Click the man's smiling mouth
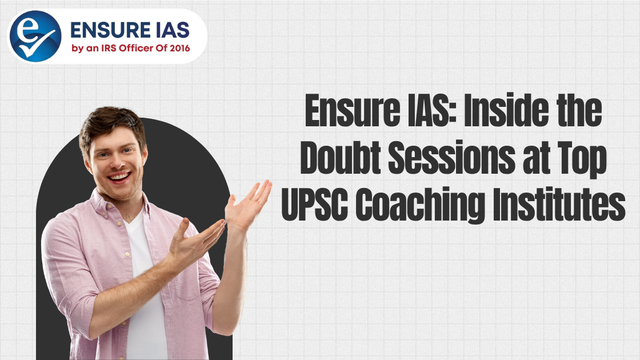click(118, 177)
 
